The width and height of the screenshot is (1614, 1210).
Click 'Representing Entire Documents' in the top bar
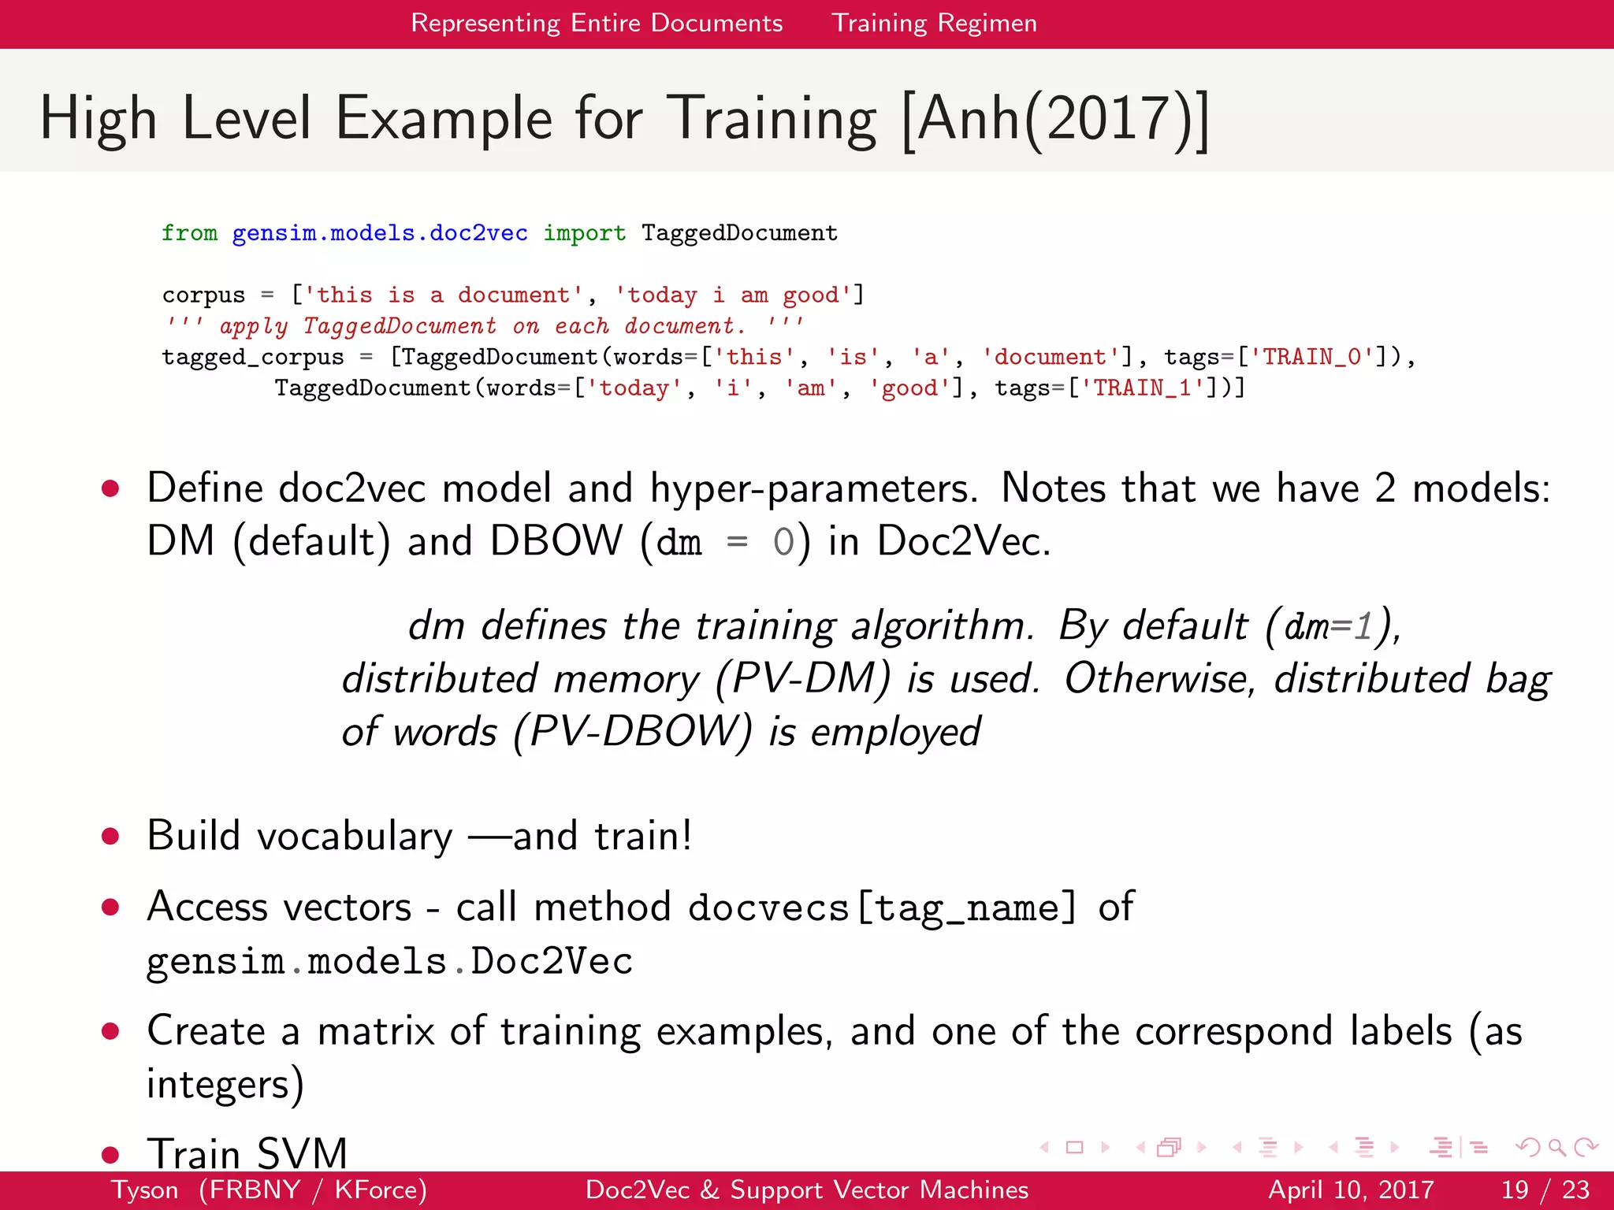pos(597,23)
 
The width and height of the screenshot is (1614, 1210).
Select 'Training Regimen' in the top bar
pos(934,23)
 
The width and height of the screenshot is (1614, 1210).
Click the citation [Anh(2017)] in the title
pos(1054,119)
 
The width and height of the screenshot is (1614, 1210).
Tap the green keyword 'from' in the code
pos(189,233)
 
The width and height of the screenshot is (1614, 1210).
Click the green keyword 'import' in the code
pos(584,233)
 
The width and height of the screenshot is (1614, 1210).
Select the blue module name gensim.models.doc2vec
pos(380,233)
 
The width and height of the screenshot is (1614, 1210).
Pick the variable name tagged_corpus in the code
pos(252,357)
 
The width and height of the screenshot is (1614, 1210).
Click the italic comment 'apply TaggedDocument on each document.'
pos(482,325)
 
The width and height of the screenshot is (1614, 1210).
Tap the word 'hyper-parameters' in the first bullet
pos(813,488)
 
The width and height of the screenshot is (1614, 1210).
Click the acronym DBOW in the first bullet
pos(556,541)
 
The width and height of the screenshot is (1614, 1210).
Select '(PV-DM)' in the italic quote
pos(803,678)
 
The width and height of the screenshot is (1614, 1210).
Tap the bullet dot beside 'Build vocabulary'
pos(110,836)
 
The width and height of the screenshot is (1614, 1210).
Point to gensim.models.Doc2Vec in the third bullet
pos(389,961)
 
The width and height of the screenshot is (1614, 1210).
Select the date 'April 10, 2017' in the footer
pos(1350,1190)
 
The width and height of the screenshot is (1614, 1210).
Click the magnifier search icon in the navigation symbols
pos(1556,1148)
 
